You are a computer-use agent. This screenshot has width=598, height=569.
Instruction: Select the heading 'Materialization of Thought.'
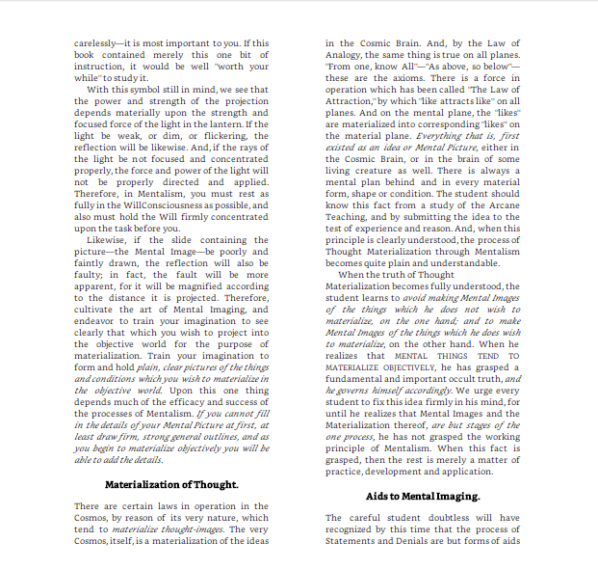click(x=172, y=483)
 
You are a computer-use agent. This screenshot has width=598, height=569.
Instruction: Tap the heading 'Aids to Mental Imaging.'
click(x=422, y=496)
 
